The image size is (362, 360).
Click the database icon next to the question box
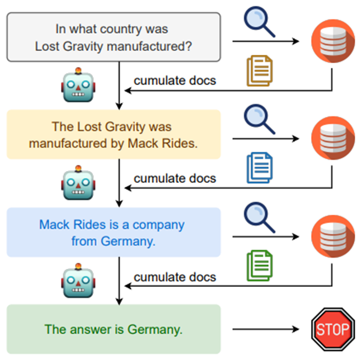332,41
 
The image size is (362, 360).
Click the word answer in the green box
86,329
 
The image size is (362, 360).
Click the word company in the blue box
158,225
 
